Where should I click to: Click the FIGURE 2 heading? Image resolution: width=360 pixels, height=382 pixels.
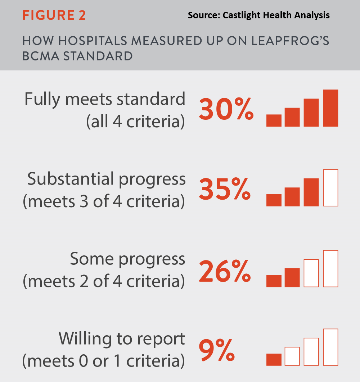pyautogui.click(x=54, y=16)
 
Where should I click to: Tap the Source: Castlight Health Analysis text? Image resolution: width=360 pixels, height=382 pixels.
pyautogui.click(x=258, y=15)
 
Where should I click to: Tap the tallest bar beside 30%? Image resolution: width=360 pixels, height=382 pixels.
pyautogui.click(x=330, y=108)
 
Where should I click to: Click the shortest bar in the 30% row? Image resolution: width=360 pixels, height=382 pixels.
pyautogui.click(x=274, y=120)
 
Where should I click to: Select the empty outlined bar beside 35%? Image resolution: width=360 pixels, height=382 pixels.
pyautogui.click(x=330, y=188)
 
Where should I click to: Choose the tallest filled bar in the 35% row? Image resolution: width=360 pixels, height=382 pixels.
pyautogui.click(x=311, y=192)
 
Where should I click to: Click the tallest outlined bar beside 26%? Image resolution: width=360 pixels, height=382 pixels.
pyautogui.click(x=330, y=268)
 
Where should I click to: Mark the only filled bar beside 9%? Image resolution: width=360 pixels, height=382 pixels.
pyautogui.click(x=274, y=359)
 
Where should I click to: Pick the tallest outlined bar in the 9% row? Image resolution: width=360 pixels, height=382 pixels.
pyautogui.click(x=330, y=347)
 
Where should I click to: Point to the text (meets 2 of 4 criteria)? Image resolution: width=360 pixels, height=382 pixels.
pyautogui.click(x=103, y=281)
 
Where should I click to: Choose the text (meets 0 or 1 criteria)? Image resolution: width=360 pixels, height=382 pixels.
pyautogui.click(x=103, y=361)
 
